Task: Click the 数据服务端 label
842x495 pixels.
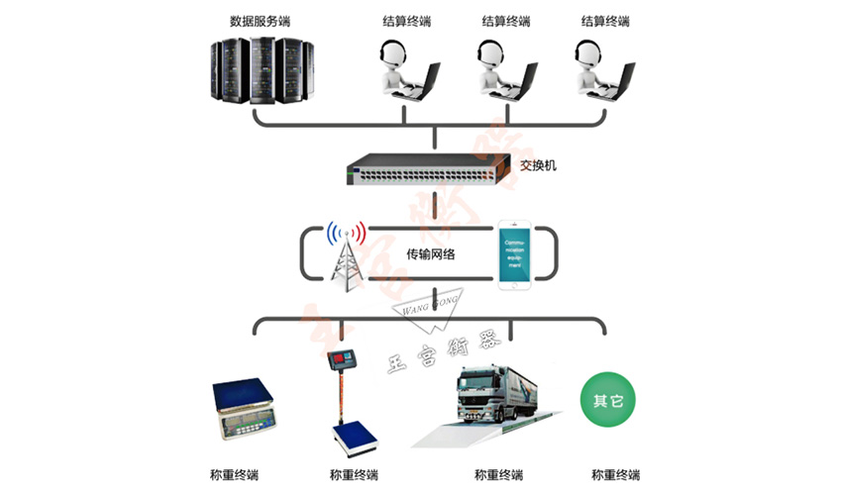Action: point(261,20)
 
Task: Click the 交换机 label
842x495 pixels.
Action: point(538,165)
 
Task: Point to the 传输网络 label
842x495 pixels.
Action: point(433,254)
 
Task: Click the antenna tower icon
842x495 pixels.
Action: point(346,259)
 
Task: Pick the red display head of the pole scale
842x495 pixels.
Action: point(344,361)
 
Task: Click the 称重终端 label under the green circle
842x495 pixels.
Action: point(615,474)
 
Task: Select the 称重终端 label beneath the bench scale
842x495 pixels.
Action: point(235,474)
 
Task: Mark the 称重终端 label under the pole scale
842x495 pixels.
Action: point(354,474)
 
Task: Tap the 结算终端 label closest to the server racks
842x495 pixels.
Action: point(406,20)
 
